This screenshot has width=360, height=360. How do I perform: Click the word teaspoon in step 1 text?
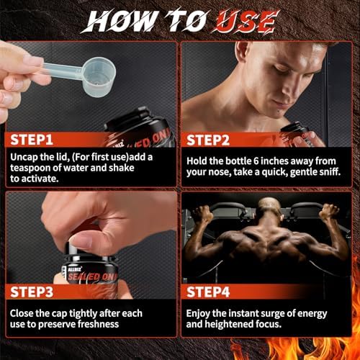tap(35, 170)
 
